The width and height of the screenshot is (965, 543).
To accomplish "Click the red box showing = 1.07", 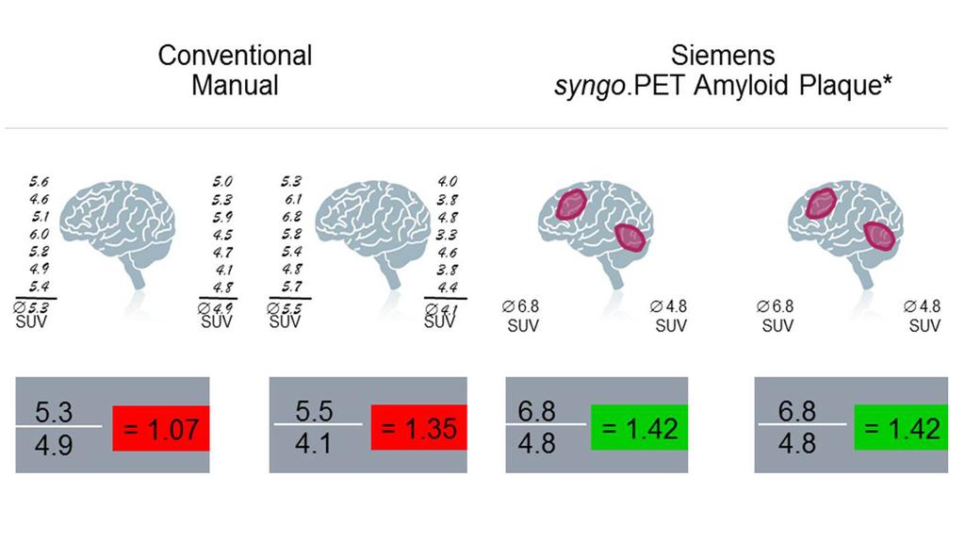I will pyautogui.click(x=159, y=430).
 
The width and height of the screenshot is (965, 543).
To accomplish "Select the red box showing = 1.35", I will pyautogui.click(x=418, y=430).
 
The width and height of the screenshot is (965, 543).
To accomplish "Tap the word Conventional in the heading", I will pyautogui.click(x=235, y=55).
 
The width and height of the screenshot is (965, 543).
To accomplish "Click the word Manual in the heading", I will pyautogui.click(x=235, y=86).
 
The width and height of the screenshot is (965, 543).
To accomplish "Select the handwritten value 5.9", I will pyautogui.click(x=223, y=218).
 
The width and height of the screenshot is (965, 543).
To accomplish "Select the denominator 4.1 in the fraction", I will pyautogui.click(x=313, y=442).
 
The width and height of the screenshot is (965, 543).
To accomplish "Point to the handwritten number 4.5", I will pyautogui.click(x=223, y=235).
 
